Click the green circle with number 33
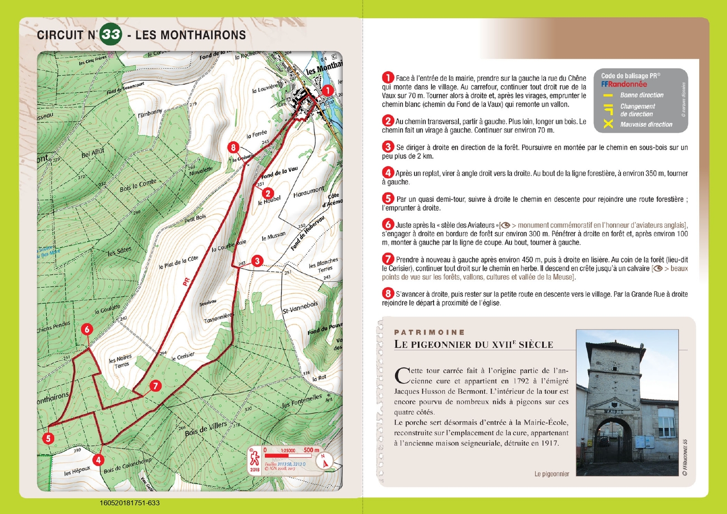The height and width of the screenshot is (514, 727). point(111,34)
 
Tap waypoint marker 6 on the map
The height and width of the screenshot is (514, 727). point(87,329)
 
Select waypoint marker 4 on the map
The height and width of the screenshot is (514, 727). point(98,460)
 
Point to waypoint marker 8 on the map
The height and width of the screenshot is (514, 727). point(233,147)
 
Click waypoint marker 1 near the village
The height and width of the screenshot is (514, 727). point(328,90)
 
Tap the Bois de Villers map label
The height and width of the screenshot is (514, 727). point(206,429)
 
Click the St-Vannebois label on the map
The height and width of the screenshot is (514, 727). point(300,307)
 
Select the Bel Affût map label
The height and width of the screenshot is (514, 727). point(93,153)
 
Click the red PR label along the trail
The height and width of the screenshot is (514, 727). point(186,282)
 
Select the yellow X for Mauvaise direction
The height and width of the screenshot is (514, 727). point(608,124)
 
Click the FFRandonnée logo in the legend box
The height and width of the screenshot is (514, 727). point(624,84)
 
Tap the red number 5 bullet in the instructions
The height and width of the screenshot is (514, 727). point(388,199)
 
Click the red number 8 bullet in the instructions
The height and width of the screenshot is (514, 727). point(388,294)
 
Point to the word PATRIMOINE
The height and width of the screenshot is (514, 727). point(429,332)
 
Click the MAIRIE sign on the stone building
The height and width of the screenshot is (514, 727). point(613,411)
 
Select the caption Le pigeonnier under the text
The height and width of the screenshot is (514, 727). point(552,474)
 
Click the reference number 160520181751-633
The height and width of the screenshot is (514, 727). point(129,503)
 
